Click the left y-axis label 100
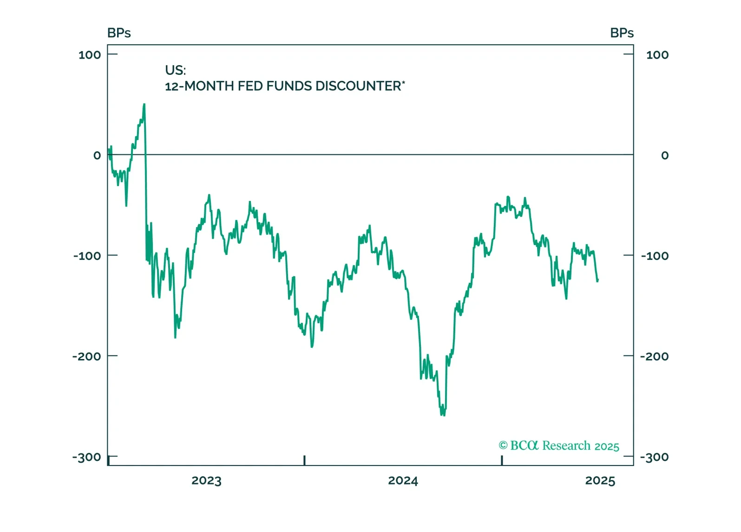click(x=90, y=55)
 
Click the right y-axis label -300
click(x=655, y=457)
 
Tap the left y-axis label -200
click(x=86, y=357)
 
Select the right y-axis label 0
click(x=665, y=155)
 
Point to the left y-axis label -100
click(x=87, y=256)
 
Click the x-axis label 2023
click(x=206, y=480)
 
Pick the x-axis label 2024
click(x=403, y=480)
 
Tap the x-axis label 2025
click(x=600, y=480)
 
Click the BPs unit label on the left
click(x=119, y=33)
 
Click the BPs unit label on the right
click(x=622, y=33)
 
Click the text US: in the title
click(x=175, y=70)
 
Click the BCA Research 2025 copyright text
click(x=564, y=446)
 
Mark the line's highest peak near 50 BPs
click(x=144, y=105)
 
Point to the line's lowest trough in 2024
click(x=442, y=414)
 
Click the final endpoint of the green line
click(x=598, y=279)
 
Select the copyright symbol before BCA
click(x=503, y=446)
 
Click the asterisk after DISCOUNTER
click(x=403, y=82)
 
